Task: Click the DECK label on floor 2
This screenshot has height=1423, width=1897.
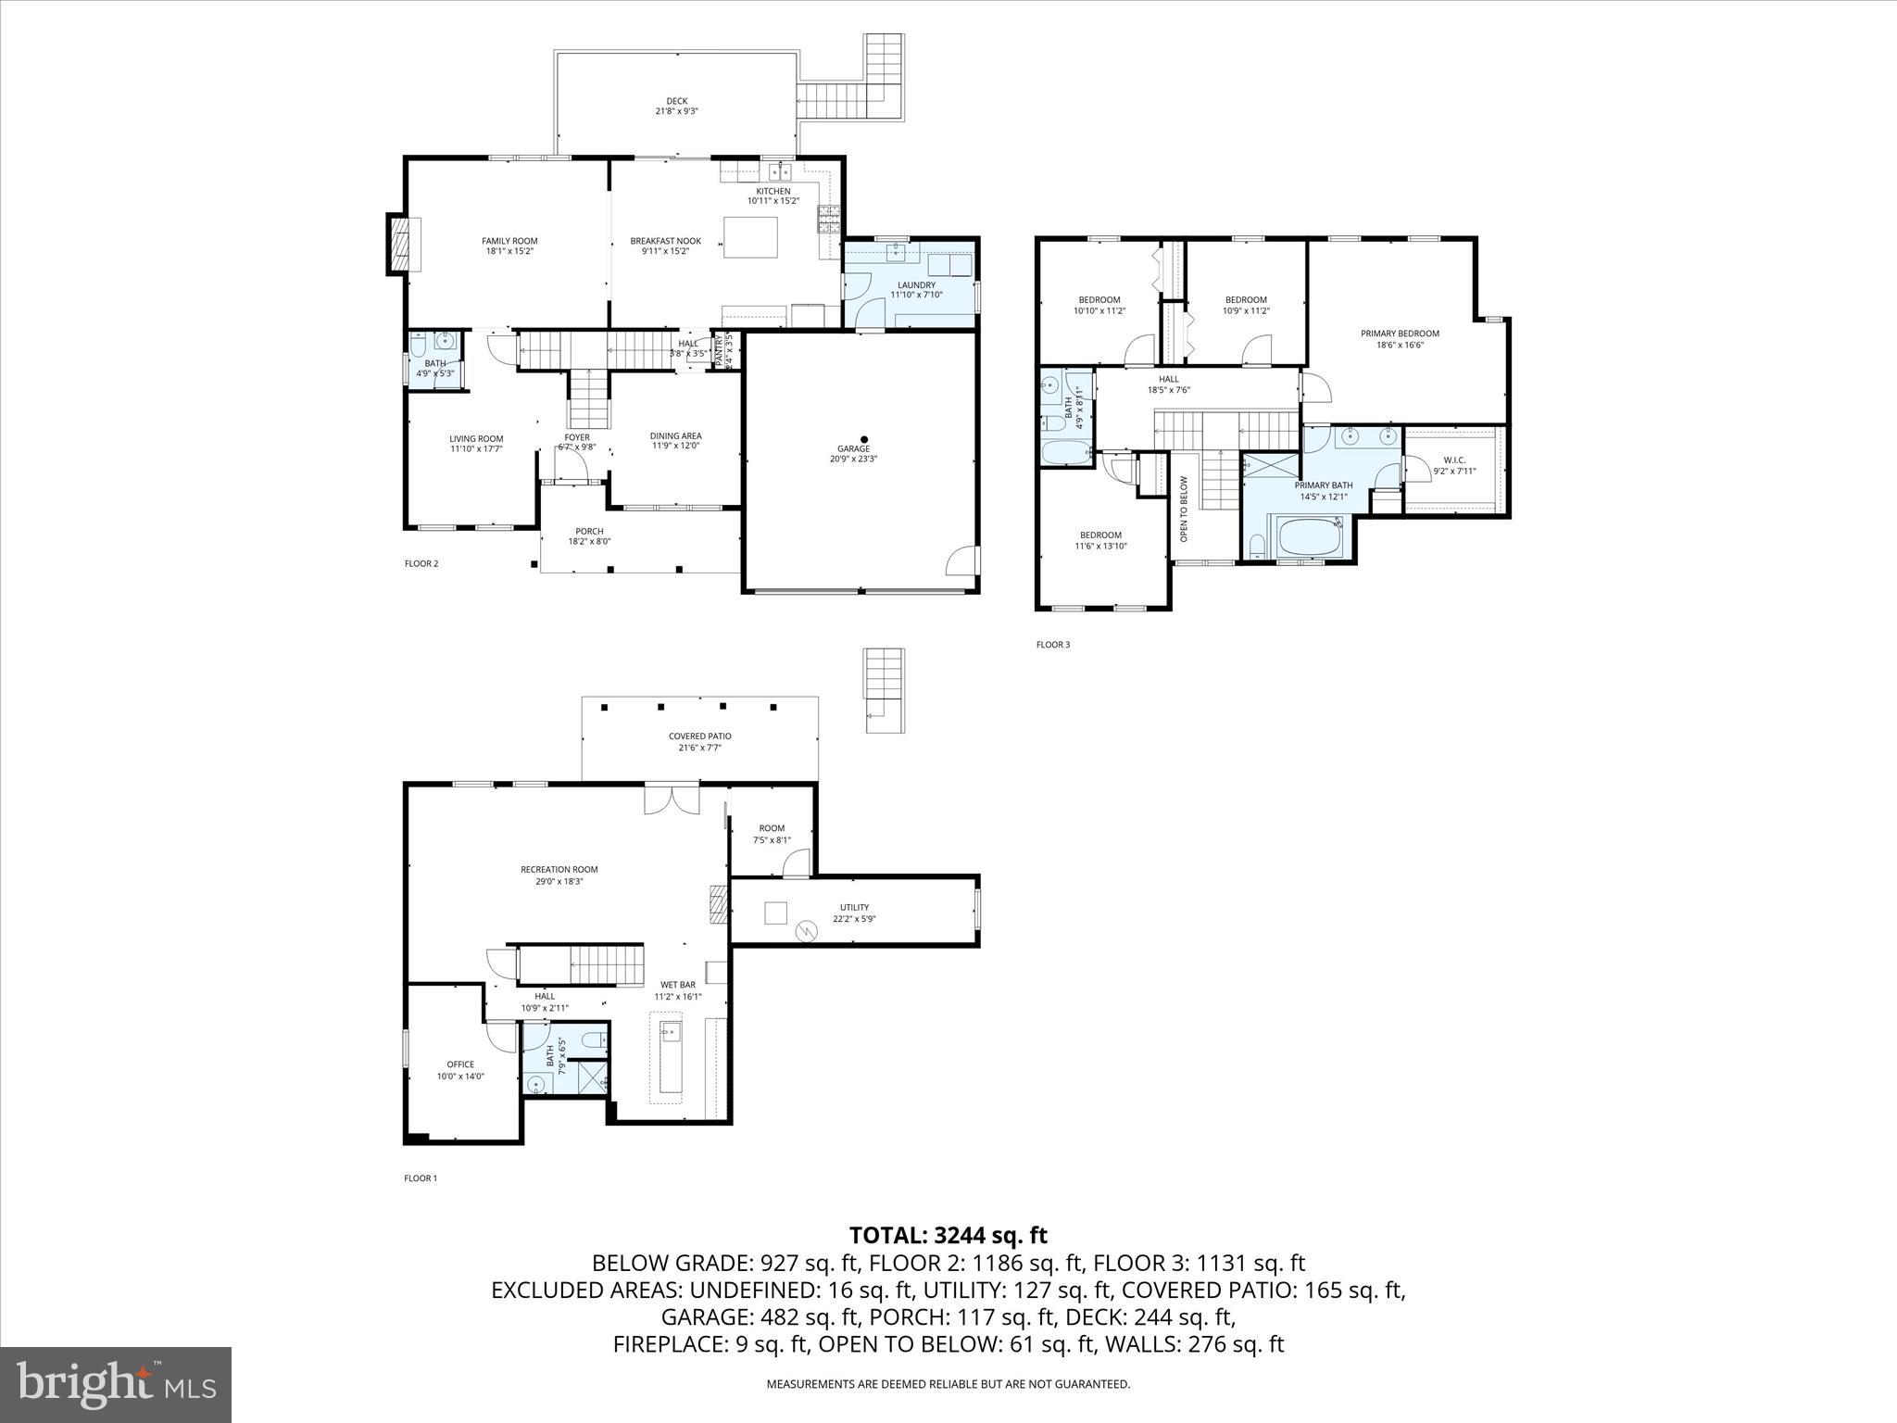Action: click(676, 101)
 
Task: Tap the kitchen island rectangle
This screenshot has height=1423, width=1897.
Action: click(749, 237)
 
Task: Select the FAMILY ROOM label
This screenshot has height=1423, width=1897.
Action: click(509, 241)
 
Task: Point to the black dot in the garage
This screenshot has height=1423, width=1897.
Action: click(864, 439)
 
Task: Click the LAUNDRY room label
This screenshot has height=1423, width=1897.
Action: click(916, 284)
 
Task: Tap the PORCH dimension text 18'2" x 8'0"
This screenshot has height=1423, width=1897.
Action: click(589, 542)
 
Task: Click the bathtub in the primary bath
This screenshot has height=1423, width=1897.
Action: click(1309, 539)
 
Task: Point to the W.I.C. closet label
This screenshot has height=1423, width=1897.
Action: click(1454, 460)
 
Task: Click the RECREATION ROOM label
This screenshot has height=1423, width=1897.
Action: click(559, 869)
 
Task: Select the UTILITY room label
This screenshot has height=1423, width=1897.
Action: click(854, 907)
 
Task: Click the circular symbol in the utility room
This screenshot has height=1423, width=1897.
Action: click(805, 930)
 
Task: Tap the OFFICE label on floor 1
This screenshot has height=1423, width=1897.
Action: click(460, 1064)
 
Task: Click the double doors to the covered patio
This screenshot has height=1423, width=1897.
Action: click(672, 800)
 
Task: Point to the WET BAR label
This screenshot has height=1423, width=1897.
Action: click(677, 985)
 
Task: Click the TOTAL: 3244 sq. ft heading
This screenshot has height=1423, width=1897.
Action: click(948, 1235)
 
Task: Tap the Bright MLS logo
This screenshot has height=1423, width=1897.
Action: click(116, 1384)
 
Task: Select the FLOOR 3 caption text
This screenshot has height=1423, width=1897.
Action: click(1052, 645)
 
